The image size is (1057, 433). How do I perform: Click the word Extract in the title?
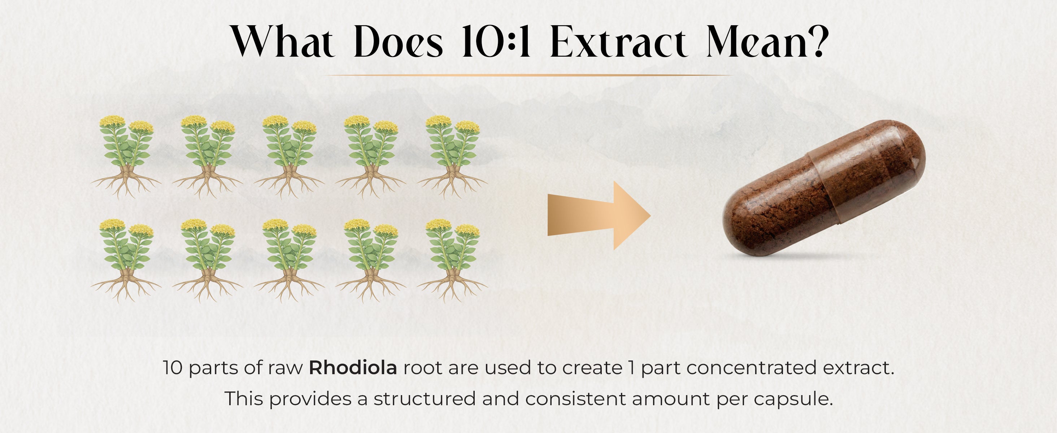pos(618,41)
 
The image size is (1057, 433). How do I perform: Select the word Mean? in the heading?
pos(766,41)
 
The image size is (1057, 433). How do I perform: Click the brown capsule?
pos(824,188)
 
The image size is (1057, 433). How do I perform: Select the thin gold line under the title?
pos(528,75)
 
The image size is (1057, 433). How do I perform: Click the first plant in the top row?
pos(126,157)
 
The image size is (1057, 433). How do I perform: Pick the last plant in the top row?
pos(453,157)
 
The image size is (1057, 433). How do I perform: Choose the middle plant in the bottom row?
pos(289,261)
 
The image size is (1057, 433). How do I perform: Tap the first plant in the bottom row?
pos(126,261)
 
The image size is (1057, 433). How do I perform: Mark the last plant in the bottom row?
pos(453,261)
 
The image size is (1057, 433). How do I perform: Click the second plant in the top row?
pos(208,157)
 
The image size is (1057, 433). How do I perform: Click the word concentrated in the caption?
pos(751,368)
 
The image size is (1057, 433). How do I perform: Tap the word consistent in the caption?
pos(575,399)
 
